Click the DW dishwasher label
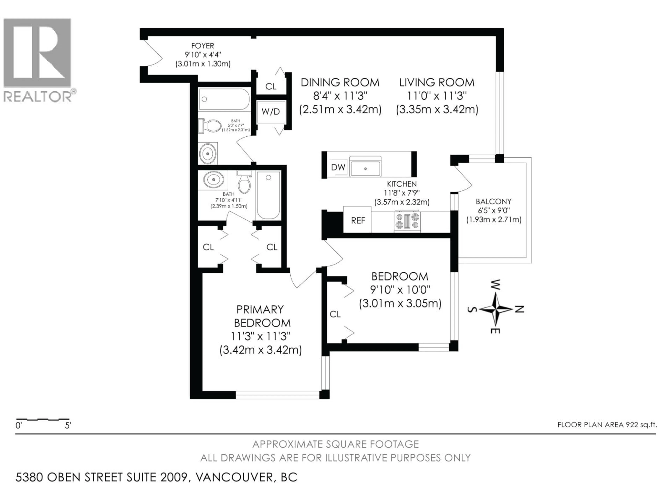click(338, 167)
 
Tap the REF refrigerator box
click(358, 220)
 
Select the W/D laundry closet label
click(270, 112)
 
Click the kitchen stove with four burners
click(407, 221)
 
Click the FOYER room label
click(202, 46)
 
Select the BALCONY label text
click(493, 202)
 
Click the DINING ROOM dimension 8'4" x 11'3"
click(340, 96)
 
